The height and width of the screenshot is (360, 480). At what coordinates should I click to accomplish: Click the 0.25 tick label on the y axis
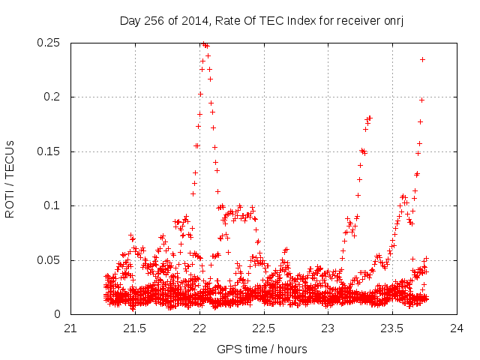(50, 43)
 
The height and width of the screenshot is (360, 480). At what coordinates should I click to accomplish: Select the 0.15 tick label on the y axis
(50, 151)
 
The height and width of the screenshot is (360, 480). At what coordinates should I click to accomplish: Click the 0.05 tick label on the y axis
(50, 260)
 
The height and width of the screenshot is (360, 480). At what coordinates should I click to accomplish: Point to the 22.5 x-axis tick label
(264, 329)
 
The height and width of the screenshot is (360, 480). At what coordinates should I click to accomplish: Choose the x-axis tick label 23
(328, 329)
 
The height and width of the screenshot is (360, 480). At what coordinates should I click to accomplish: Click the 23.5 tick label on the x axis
(393, 329)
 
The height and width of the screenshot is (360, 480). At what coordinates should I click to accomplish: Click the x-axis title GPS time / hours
(262, 349)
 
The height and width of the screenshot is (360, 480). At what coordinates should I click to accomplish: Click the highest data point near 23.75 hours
(422, 59)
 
